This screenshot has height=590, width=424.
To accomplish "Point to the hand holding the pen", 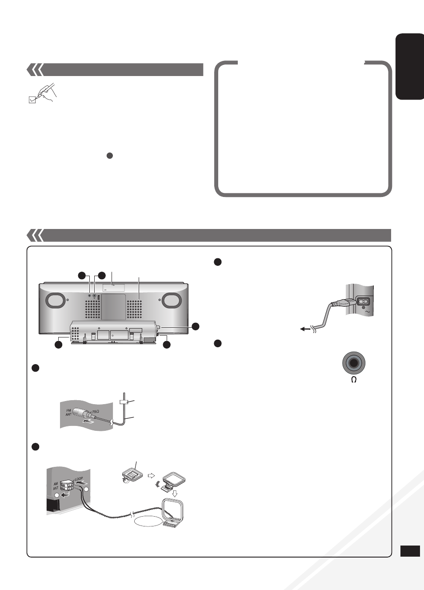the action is tap(47, 93).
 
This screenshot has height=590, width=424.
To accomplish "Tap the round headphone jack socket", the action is tap(354, 363).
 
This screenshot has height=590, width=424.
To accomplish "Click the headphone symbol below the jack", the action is tap(354, 380).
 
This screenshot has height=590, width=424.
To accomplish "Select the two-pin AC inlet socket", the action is tap(364, 301).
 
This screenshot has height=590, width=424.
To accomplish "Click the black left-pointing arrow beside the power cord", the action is tap(305, 329).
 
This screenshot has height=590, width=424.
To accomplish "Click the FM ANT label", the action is tap(68, 412).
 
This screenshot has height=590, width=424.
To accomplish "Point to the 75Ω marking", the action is tap(96, 411).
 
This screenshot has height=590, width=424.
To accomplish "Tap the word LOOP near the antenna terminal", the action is tap(79, 478).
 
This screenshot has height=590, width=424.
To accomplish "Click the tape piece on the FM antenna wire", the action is tap(124, 402).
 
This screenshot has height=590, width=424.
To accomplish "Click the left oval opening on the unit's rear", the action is tap(55, 300).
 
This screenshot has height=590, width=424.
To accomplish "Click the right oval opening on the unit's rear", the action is tap(172, 300).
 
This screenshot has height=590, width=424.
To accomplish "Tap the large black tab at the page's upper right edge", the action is tap(409, 66).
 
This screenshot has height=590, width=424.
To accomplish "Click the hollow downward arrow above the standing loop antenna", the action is tap(174, 493).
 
